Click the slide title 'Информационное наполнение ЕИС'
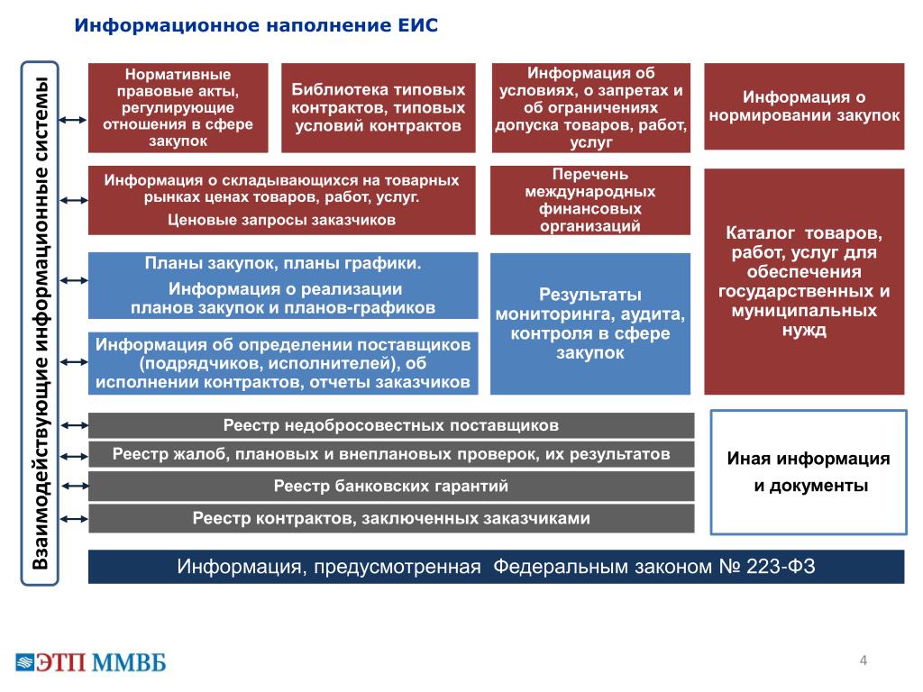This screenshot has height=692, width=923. [x=256, y=25]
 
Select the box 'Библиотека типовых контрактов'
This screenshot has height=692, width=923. [x=378, y=108]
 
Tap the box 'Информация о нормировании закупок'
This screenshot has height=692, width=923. [x=804, y=106]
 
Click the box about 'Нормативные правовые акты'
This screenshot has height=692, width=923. [x=178, y=108]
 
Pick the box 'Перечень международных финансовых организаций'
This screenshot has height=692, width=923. [x=590, y=200]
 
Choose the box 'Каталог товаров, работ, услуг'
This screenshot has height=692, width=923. [x=804, y=281]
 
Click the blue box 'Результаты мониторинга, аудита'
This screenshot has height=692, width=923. [x=590, y=323]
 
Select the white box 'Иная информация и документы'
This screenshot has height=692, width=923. [x=809, y=472]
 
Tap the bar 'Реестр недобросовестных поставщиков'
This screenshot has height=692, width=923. [x=391, y=425]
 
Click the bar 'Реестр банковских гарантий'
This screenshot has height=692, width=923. [x=391, y=486]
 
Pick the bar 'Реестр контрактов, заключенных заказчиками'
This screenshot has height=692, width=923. [x=391, y=518]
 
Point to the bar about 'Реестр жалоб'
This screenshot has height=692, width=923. [x=391, y=454]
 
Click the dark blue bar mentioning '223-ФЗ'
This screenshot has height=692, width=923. [x=497, y=567]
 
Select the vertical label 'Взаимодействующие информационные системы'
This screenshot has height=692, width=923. [x=40, y=323]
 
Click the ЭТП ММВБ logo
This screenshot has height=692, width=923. [x=91, y=662]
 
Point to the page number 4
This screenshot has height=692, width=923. [x=863, y=660]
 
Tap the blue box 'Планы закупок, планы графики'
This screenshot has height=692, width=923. [x=283, y=286]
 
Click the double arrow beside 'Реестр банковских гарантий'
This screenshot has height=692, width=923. [x=75, y=486]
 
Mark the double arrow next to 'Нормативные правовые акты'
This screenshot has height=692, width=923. [x=73, y=120]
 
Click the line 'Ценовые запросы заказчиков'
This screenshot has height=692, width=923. [x=281, y=220]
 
